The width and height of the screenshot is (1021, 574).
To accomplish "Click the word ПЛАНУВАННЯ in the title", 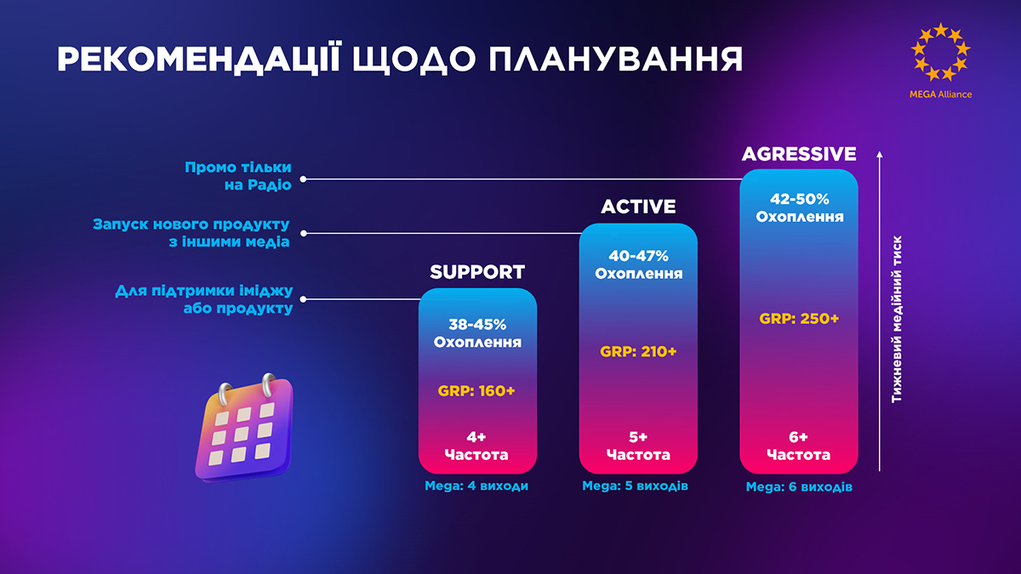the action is (x=615, y=60).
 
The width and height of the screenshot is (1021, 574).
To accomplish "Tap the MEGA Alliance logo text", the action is (x=940, y=94).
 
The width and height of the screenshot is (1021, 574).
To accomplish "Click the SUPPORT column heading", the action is (x=477, y=272).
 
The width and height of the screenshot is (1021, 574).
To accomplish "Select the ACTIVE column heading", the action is (x=638, y=207).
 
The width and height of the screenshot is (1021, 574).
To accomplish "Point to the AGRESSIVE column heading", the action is (x=799, y=154).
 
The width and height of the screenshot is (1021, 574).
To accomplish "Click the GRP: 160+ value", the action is (x=476, y=391).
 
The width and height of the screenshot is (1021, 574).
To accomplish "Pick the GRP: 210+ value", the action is (x=638, y=352).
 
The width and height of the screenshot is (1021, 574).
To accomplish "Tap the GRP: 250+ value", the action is (x=799, y=318).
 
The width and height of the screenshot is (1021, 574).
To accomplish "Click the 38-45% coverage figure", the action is (x=477, y=324).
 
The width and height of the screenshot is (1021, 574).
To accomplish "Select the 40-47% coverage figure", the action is (x=638, y=256).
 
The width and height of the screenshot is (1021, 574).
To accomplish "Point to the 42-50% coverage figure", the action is (x=800, y=199).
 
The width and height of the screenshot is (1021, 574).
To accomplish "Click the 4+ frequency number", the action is (x=476, y=437).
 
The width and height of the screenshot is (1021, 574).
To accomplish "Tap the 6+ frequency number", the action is (x=799, y=437).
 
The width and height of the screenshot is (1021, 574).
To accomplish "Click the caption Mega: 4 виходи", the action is (x=476, y=486).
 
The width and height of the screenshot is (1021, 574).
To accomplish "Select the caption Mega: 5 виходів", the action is (x=635, y=486).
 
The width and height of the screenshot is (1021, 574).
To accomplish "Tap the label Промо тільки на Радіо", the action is (x=237, y=176).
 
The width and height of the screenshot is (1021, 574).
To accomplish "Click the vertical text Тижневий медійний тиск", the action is (x=897, y=319).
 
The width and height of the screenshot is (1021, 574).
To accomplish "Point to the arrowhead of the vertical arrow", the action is (x=880, y=154).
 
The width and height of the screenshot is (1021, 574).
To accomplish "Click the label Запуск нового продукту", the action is (x=191, y=224).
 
